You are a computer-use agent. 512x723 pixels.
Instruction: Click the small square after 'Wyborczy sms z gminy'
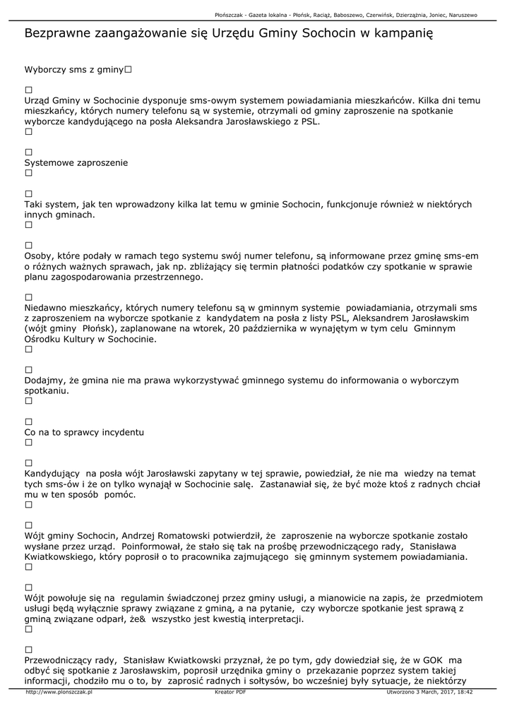(x=129, y=71)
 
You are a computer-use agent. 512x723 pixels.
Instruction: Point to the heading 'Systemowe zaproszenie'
(x=76, y=162)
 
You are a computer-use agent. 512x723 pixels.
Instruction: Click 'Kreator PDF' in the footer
(x=230, y=693)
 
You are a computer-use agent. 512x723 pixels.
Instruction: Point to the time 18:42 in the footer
(x=464, y=693)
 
